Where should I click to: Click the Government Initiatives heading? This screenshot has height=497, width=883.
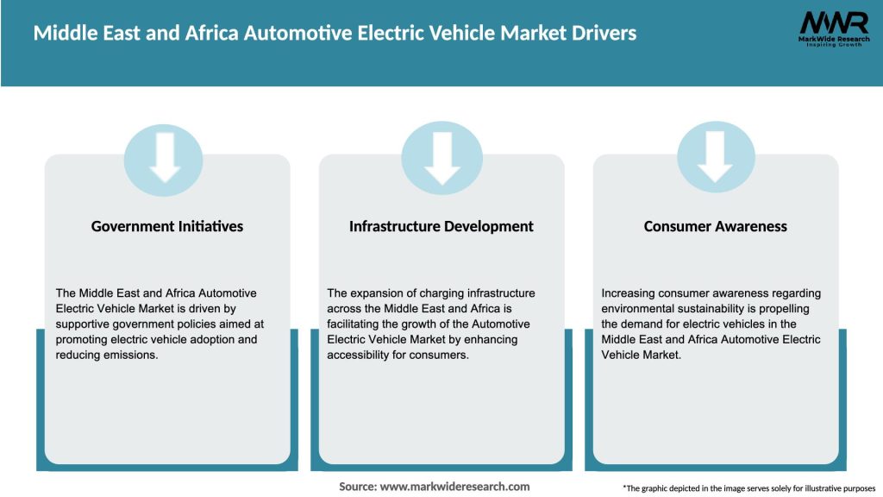(x=167, y=226)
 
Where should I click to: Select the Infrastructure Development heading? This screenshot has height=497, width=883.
(x=441, y=226)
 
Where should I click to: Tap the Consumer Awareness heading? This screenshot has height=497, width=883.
(x=716, y=226)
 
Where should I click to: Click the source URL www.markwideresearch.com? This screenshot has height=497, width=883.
(x=454, y=487)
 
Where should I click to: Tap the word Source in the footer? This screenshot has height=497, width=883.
(x=357, y=487)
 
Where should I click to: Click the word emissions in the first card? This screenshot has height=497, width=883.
(x=129, y=355)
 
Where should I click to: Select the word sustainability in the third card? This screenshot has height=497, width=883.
(x=724, y=309)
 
